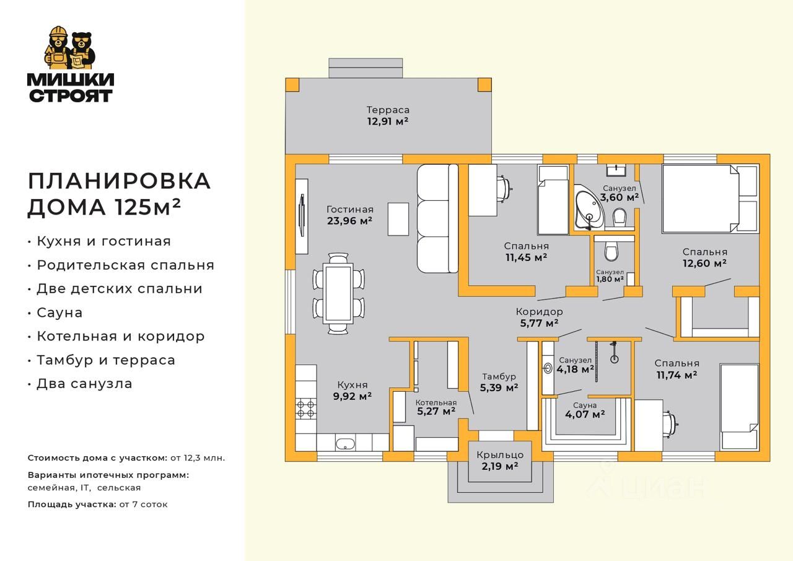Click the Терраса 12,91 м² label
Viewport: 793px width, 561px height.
click(x=388, y=116)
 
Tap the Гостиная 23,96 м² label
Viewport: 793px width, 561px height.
click(x=350, y=214)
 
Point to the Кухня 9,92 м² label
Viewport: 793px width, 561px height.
click(x=352, y=391)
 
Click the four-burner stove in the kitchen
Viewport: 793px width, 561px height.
click(x=305, y=408)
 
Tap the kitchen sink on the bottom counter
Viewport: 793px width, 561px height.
click(x=345, y=443)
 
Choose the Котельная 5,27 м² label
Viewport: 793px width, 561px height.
click(x=436, y=407)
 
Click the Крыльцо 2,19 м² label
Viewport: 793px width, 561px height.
click(x=499, y=460)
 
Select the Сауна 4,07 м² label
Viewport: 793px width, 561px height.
click(x=581, y=410)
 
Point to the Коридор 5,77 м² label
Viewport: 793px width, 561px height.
click(x=539, y=317)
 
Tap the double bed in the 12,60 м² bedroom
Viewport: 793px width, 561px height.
click(x=709, y=198)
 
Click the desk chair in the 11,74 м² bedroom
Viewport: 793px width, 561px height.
click(x=670, y=425)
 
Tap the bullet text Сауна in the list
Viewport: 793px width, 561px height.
click(x=59, y=312)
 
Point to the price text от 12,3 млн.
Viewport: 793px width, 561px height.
click(x=198, y=458)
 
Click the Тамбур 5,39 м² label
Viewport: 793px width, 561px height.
click(x=499, y=382)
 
